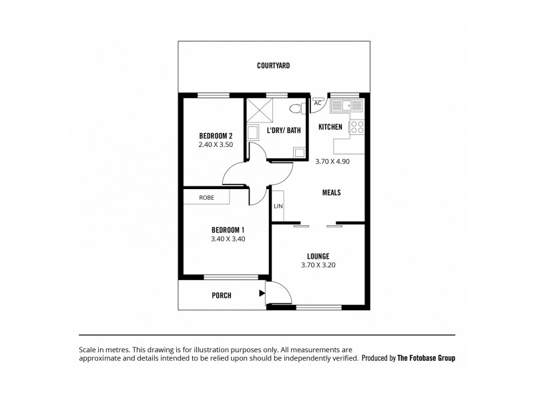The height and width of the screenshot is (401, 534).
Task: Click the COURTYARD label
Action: tap(273, 65)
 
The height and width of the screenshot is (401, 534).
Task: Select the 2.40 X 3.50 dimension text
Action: tap(215, 144)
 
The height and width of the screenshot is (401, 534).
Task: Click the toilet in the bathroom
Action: tap(296, 108)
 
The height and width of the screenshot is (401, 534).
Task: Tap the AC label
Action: tap(317, 104)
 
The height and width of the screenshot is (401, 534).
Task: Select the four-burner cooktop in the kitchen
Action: tap(358, 126)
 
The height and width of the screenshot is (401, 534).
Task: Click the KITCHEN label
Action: tap(330, 127)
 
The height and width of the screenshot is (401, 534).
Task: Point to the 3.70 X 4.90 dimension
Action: tap(332, 160)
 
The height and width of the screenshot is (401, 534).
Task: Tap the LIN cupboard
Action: tap(278, 206)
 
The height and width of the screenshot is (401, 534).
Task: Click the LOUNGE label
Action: tap(318, 256)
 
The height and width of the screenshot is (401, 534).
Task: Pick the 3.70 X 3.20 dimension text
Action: tap(318, 265)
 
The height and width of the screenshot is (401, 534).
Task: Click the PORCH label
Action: tap(221, 295)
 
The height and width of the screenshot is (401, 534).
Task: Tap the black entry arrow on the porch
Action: tap(262, 292)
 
